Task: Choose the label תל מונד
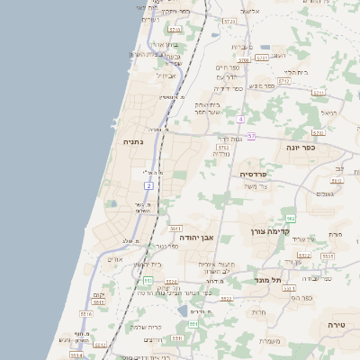264,279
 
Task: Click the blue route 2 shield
148,184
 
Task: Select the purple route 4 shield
241,119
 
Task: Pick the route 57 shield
251,136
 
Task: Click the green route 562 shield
290,219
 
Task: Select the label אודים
114,259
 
